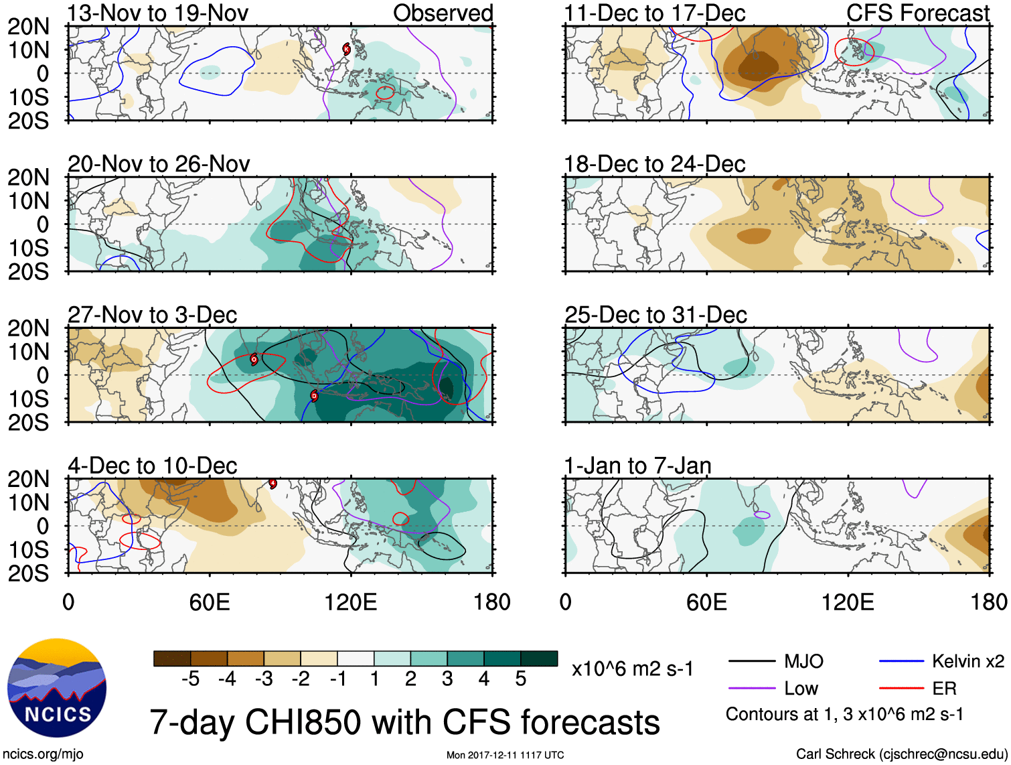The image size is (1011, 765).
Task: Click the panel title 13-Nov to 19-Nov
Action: [158, 13]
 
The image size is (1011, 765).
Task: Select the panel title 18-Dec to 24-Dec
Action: [654, 164]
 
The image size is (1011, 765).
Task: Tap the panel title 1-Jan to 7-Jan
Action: [637, 466]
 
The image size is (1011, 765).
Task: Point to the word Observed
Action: [443, 13]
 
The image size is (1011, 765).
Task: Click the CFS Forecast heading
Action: [917, 13]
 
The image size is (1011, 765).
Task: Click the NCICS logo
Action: [57, 688]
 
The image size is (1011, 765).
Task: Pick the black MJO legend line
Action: [752, 662]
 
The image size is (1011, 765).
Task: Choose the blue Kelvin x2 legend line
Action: [901, 662]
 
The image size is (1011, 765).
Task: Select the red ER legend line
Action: [901, 688]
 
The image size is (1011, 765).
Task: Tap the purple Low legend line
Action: [752, 688]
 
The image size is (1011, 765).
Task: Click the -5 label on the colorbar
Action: [191, 679]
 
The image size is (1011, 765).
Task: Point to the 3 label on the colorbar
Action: [447, 679]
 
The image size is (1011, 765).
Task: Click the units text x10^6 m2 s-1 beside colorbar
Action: [632, 669]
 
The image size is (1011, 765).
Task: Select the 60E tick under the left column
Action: [210, 602]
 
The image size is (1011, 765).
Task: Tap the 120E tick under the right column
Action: [848, 602]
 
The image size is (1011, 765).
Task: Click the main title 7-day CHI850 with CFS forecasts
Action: [404, 722]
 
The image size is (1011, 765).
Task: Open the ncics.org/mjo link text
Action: [43, 754]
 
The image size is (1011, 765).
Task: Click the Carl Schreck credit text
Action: [901, 754]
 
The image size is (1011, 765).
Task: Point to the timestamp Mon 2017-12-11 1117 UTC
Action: [505, 756]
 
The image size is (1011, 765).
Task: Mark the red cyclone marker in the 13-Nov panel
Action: [346, 48]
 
